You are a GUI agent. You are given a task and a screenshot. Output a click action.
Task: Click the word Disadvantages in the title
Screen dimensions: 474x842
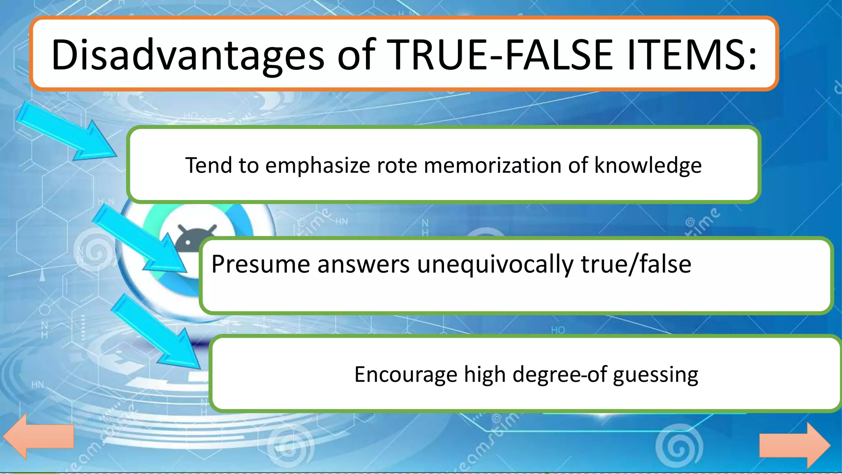pos(187,55)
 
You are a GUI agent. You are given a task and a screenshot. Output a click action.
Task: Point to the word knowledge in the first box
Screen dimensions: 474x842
pos(648,165)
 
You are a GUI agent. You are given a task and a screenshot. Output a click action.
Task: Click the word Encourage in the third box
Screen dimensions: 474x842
pos(405,374)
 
